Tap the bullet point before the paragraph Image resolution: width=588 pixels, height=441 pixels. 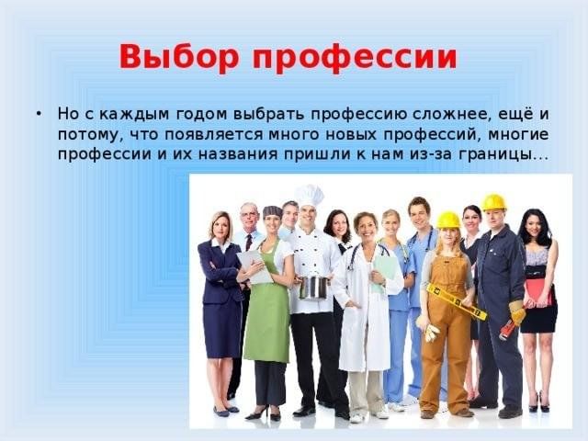(x=38, y=113)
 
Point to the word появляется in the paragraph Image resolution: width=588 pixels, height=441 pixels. (x=213, y=135)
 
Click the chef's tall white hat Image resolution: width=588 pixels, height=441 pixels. (x=309, y=195)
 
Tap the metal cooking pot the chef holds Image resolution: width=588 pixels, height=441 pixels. (x=313, y=288)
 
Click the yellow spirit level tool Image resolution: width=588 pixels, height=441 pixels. (x=457, y=302)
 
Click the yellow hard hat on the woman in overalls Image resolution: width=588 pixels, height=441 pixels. (x=447, y=220)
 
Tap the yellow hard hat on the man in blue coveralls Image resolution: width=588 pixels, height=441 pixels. (x=493, y=202)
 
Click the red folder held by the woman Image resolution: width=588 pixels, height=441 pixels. (x=539, y=293)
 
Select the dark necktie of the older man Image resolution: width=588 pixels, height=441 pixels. (x=249, y=243)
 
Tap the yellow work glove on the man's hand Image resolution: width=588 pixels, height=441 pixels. (x=517, y=312)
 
